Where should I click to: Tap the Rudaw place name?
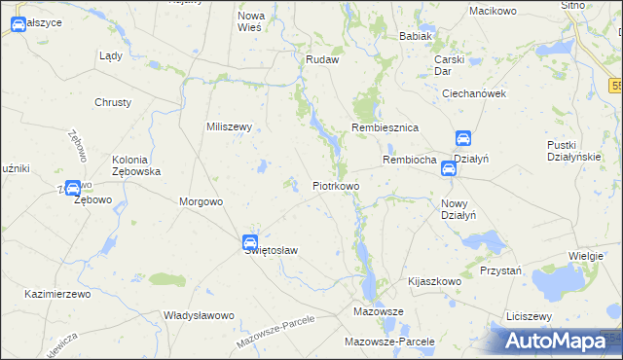tap(321, 59)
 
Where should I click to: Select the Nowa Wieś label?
tap(251, 22)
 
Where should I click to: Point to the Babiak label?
tap(415, 36)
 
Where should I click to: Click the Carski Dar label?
tap(450, 65)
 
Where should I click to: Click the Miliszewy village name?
tap(230, 127)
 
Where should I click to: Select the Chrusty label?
tap(113, 102)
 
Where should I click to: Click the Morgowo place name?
tap(202, 202)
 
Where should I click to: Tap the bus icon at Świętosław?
tap(250, 241)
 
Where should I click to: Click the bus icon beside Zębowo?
tap(73, 188)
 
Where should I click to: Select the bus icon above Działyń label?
tap(463, 139)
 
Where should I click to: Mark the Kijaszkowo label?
tap(434, 280)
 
